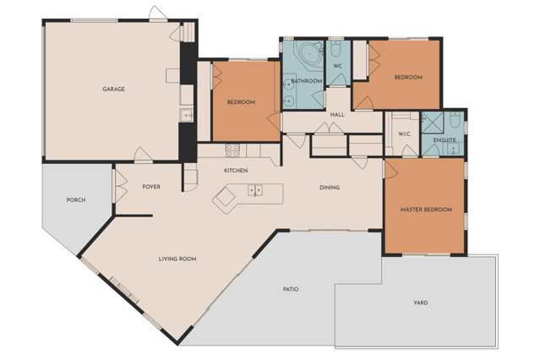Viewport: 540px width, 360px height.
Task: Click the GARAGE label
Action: (x=113, y=89)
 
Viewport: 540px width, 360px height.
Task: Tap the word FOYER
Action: (x=151, y=187)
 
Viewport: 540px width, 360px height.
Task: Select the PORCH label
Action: (x=75, y=200)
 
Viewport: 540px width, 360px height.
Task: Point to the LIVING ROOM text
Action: (x=177, y=259)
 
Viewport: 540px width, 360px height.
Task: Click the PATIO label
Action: (x=290, y=289)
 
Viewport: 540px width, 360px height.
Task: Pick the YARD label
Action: (x=420, y=302)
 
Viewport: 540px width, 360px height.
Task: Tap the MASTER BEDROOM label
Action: (x=426, y=210)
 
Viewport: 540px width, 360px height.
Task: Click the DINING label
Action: (x=330, y=188)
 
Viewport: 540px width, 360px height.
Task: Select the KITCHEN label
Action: (x=236, y=171)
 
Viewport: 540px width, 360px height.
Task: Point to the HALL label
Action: (x=337, y=115)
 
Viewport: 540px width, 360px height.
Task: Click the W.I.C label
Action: (x=404, y=134)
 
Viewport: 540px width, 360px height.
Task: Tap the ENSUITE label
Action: (x=445, y=139)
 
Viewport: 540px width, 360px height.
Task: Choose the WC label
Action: (x=336, y=66)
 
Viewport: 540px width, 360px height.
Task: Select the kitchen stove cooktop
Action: (x=232, y=150)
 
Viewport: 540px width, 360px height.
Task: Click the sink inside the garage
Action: (x=183, y=115)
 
